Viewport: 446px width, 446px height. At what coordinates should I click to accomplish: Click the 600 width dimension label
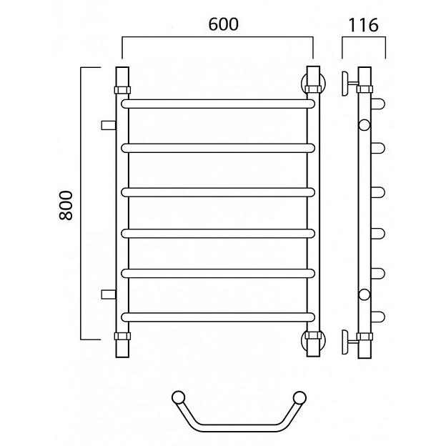pyautogui.click(x=223, y=24)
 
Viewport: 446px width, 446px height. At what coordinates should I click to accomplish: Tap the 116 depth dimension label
pyautogui.click(x=363, y=25)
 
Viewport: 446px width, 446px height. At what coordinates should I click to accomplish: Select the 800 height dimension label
pyautogui.click(x=66, y=205)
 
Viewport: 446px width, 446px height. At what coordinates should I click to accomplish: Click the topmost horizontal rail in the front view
pyautogui.click(x=218, y=104)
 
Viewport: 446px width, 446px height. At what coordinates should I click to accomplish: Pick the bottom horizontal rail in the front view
pyautogui.click(x=218, y=317)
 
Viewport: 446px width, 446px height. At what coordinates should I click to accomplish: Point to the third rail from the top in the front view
pyautogui.click(x=218, y=192)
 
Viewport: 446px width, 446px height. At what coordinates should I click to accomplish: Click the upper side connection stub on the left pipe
pyautogui.click(x=109, y=125)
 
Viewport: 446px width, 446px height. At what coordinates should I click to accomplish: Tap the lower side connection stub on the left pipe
pyautogui.click(x=109, y=294)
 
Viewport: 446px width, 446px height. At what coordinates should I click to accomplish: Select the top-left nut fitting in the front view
pyautogui.click(x=122, y=90)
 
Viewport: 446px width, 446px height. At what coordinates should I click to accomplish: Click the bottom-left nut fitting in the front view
pyautogui.click(x=122, y=336)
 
